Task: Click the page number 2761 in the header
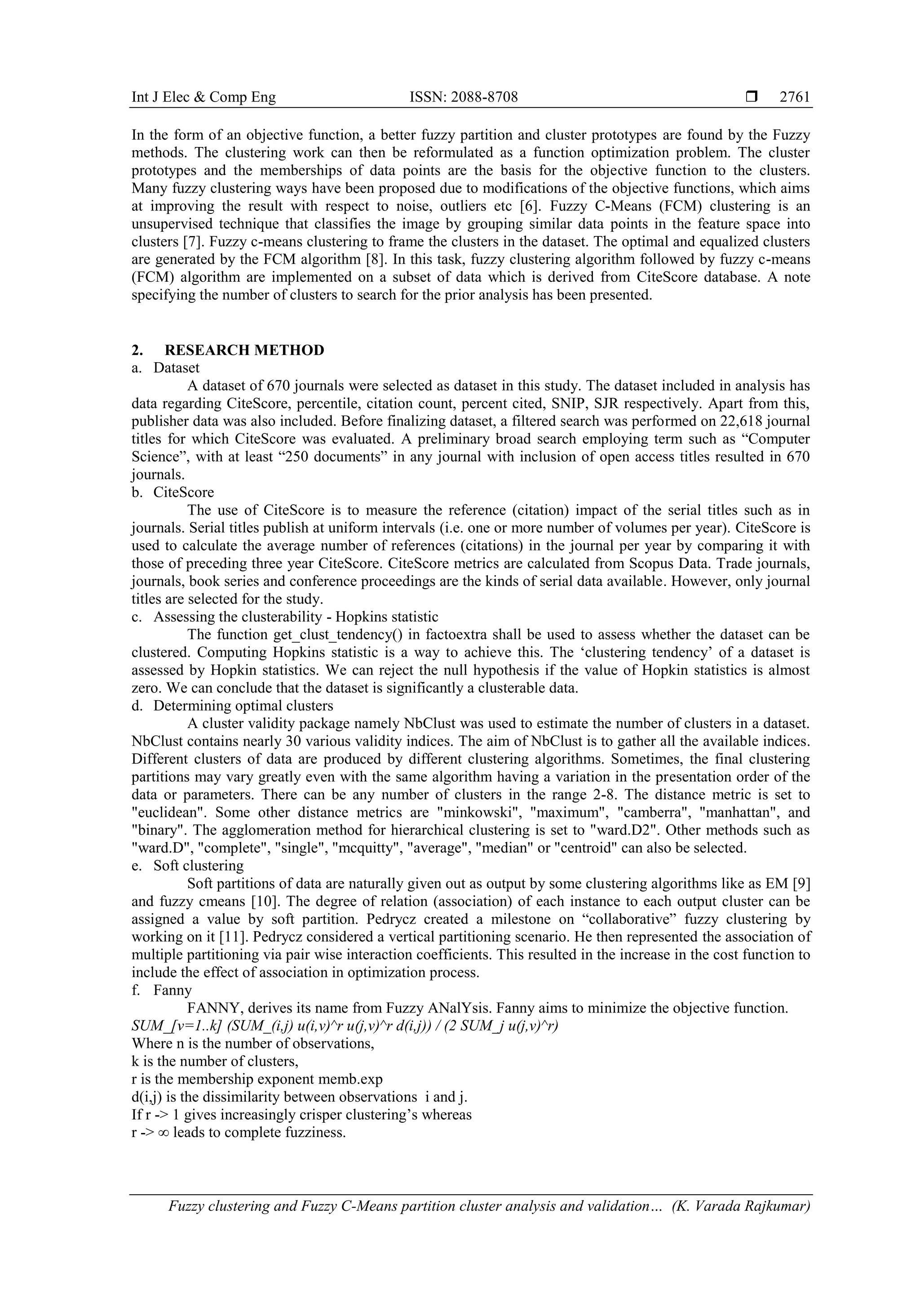795,98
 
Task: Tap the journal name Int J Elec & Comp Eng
203,98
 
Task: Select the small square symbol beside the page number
752,98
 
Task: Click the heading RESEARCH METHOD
244,350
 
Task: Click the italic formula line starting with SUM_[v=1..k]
345,1026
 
